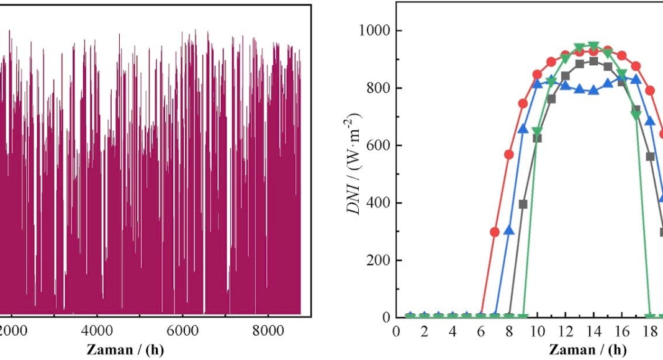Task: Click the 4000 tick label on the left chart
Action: click(97, 331)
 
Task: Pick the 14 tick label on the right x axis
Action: click(593, 331)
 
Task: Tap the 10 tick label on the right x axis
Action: click(537, 331)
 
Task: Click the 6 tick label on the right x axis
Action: click(481, 331)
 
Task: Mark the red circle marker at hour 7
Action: click(495, 232)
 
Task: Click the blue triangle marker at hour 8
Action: click(509, 231)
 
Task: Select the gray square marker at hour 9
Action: click(523, 204)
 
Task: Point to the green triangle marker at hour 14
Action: click(593, 46)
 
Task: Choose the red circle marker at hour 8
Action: click(509, 155)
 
